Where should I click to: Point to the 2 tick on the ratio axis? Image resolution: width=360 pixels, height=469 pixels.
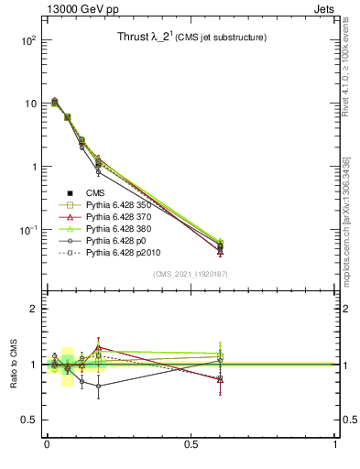tap(32, 309)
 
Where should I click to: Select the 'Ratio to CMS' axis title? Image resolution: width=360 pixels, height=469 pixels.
tap(13, 364)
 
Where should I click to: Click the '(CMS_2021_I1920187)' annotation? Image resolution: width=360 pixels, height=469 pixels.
tap(191, 273)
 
